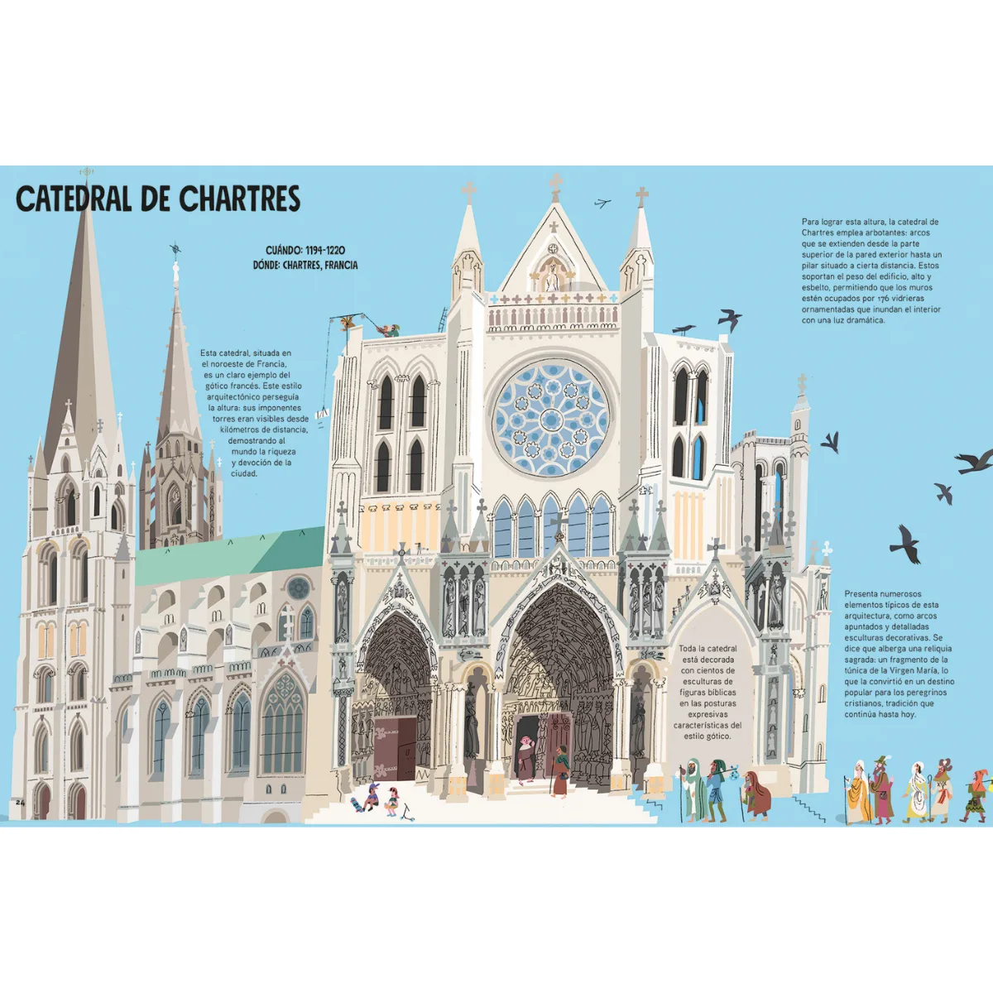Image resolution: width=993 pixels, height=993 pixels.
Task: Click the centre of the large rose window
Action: coord(551,417)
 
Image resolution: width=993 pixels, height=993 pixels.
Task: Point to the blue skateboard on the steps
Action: coord(356,804)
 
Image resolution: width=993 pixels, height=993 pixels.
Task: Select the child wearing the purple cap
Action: coord(372,797)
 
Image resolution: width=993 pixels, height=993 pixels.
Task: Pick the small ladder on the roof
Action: coord(443,319)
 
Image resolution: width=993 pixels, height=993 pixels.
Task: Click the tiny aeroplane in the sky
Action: coord(602,203)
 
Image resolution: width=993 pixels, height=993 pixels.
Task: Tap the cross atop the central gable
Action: coord(555,187)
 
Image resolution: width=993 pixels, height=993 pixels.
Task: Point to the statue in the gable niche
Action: coord(553,278)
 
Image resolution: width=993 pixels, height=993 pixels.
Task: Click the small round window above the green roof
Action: coord(298,588)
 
